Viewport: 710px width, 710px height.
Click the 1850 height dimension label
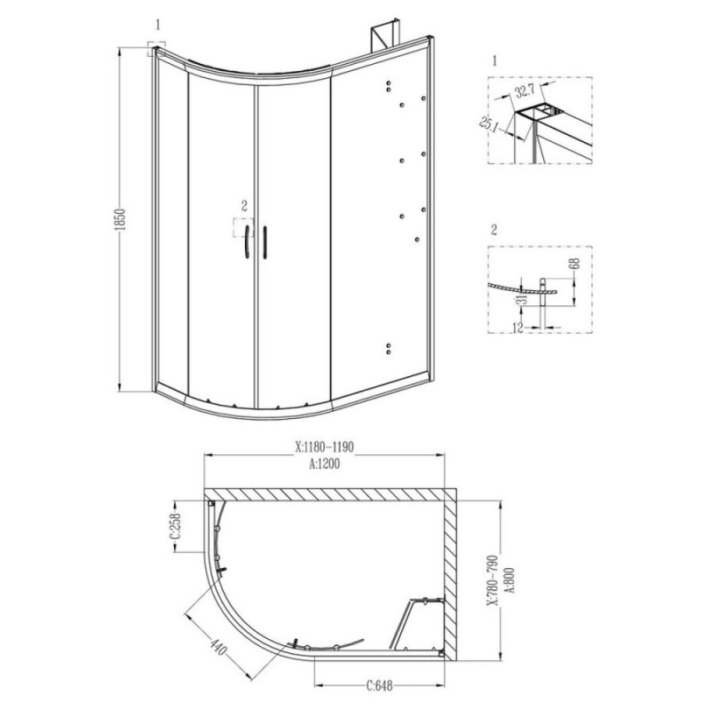tap(121, 220)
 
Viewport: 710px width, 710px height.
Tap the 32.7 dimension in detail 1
tap(525, 91)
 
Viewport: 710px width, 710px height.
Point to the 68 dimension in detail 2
tap(576, 263)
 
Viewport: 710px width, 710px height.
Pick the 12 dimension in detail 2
tap(518, 327)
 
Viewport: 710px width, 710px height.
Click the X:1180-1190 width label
tap(324, 447)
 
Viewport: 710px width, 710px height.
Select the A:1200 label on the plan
tap(324, 463)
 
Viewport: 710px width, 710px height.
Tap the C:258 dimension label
tap(175, 526)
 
